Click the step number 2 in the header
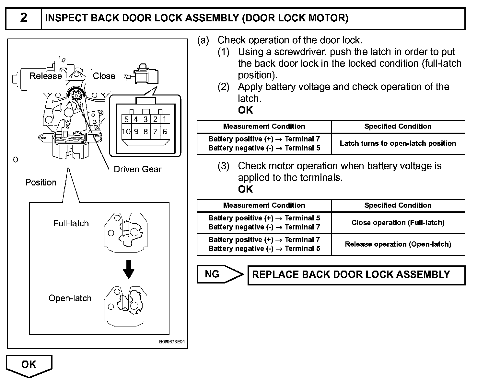[24, 17]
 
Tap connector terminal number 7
[155, 131]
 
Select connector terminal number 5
[126, 119]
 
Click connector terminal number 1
[165, 119]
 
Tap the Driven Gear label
[137, 169]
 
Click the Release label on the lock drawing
[46, 76]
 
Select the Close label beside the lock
[104, 76]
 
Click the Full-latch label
[71, 223]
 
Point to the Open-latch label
[70, 298]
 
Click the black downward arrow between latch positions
[128, 270]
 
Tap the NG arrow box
[220, 274]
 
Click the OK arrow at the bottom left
[29, 366]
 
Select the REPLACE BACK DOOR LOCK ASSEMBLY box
[356, 275]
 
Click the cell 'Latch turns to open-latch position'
[398, 143]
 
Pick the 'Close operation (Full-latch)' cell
[398, 223]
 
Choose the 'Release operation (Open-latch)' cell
[398, 244]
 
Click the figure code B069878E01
[172, 341]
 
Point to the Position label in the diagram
[41, 182]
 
